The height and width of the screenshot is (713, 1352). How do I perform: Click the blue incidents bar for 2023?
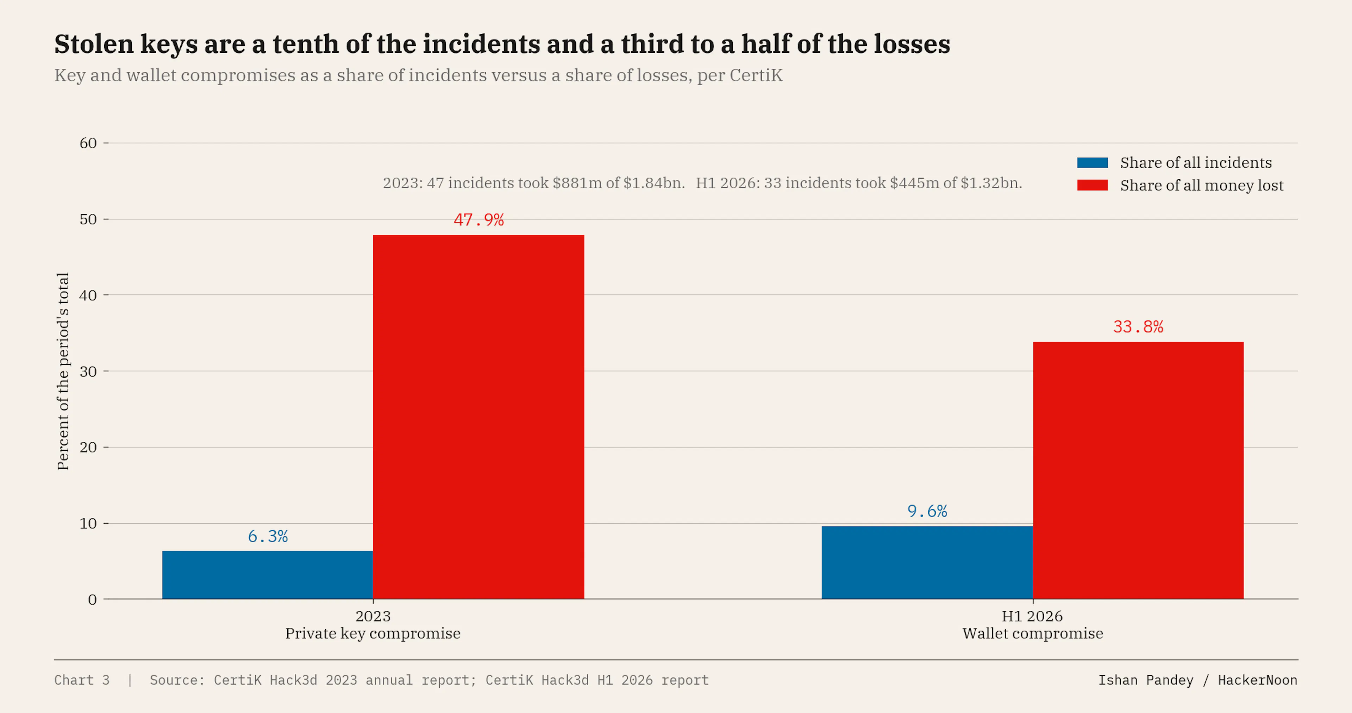pos(268,575)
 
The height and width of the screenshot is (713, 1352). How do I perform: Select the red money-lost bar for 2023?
pos(479,417)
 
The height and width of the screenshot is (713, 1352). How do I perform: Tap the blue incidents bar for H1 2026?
pos(927,562)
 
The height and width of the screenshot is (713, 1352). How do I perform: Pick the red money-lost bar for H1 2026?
pos(1138,470)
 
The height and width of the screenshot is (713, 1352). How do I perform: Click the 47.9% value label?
pos(479,219)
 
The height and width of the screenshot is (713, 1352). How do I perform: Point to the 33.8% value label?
pos(1138,327)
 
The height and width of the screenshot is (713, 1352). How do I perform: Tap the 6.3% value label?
pos(268,536)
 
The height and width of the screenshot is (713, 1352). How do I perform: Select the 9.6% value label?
pos(927,511)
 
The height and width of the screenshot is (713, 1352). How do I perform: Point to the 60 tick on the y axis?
pos(88,143)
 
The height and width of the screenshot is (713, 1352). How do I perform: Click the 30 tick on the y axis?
pos(88,371)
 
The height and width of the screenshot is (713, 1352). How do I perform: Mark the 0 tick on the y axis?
pos(92,600)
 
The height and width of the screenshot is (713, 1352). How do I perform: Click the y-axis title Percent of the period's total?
pos(63,371)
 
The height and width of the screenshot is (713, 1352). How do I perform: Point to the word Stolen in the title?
pos(94,44)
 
